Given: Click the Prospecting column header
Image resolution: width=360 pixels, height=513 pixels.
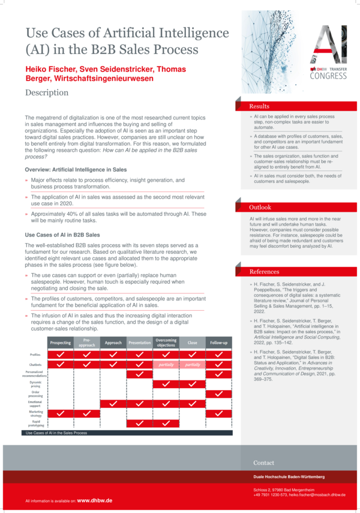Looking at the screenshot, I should (60, 343).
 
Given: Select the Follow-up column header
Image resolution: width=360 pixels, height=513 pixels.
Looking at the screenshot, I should (219, 343).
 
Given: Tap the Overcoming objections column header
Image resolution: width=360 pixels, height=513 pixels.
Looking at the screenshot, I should (166, 343).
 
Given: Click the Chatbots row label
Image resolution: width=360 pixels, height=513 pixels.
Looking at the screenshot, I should (35, 364).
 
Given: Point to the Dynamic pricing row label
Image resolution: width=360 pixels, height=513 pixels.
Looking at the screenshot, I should (36, 384).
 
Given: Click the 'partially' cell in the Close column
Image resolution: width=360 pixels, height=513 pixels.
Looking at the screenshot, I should (193, 364).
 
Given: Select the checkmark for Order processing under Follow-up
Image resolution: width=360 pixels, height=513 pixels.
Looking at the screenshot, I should (219, 394).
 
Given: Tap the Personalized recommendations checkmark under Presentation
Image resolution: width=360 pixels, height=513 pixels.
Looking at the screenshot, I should (140, 374).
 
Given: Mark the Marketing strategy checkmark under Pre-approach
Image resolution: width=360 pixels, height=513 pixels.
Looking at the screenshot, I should (86, 413).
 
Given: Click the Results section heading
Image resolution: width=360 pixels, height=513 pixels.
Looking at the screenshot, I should (260, 106).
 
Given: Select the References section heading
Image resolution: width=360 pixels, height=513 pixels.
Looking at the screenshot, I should (265, 272).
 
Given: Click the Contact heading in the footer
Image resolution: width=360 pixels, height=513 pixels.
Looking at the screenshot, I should (264, 463).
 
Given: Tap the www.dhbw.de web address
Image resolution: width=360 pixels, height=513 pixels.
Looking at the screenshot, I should (95, 500).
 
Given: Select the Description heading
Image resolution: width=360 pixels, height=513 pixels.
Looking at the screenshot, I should (47, 92).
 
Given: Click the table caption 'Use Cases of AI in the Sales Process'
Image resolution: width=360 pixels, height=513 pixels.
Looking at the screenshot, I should (56, 433).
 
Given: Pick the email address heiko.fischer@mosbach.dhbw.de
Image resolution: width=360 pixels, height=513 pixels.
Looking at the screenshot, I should (314, 494).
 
